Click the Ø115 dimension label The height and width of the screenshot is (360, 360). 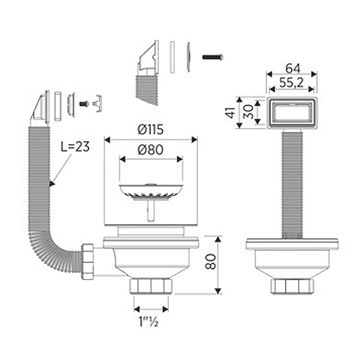pos(151,130)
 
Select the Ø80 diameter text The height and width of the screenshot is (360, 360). pos(151,150)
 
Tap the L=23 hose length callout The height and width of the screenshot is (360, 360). pos(75,146)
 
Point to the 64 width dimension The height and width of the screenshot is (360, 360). pos(292,68)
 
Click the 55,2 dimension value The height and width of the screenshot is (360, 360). pos(291,82)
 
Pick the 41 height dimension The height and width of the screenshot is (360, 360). pos(230,112)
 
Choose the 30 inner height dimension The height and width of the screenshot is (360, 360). pos(248,112)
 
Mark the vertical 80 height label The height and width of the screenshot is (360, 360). pos(210,262)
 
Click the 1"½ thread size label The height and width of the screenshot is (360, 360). pos(148,321)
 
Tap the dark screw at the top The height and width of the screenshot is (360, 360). pos(213,57)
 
